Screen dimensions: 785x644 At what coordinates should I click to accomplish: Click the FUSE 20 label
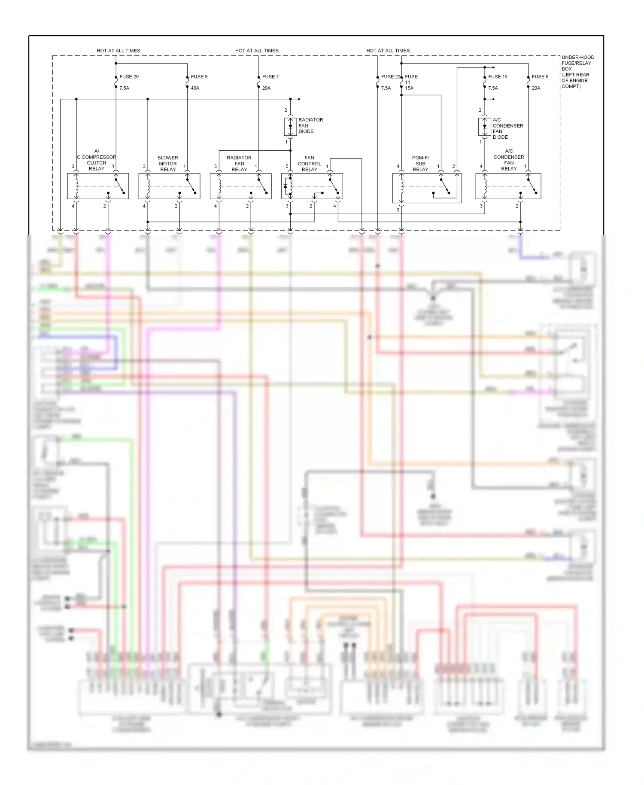(x=129, y=77)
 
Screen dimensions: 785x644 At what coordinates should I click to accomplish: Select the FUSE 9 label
(x=199, y=77)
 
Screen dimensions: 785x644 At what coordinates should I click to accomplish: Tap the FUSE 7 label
(x=270, y=77)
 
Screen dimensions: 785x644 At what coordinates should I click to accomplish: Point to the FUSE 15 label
(x=498, y=77)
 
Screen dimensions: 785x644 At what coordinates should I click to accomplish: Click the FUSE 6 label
(x=540, y=77)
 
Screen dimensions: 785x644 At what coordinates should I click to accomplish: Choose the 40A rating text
(x=195, y=88)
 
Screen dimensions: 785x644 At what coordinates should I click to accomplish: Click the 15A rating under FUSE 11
(x=409, y=88)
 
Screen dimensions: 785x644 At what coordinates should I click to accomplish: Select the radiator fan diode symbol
(x=290, y=126)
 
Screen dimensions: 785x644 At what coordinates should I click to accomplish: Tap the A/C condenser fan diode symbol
(x=485, y=127)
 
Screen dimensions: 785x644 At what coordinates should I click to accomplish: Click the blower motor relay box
(x=169, y=186)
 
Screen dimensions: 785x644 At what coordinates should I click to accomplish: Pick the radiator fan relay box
(x=240, y=186)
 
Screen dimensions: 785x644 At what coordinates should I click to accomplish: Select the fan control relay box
(x=312, y=186)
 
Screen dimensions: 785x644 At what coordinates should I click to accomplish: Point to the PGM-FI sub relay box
(x=427, y=188)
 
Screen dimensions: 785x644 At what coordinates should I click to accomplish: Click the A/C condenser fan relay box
(x=508, y=186)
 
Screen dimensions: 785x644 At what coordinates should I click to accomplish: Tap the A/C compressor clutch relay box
(x=98, y=186)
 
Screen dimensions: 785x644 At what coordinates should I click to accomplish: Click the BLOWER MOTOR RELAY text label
(x=168, y=164)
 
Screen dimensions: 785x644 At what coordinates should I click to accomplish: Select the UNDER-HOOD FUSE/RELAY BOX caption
(x=577, y=72)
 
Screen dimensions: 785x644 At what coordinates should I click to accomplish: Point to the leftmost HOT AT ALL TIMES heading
(x=118, y=51)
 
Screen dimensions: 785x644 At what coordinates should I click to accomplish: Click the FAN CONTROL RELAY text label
(x=309, y=164)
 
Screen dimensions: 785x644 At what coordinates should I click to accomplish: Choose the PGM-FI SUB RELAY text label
(x=420, y=164)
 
